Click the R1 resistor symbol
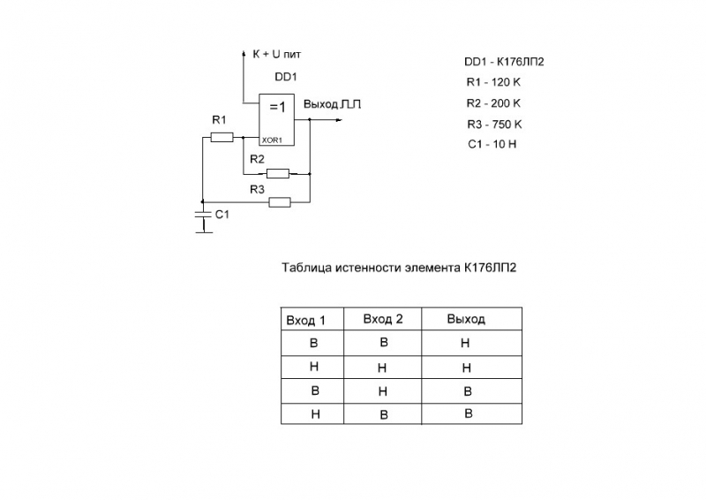pyautogui.click(x=222, y=137)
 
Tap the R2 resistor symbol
pyautogui.click(x=278, y=173)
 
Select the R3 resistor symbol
pyautogui.click(x=279, y=202)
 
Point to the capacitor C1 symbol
pyautogui.click(x=203, y=215)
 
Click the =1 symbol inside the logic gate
pyautogui.click(x=277, y=107)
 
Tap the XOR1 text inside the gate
pyautogui.click(x=272, y=140)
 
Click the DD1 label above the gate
pyautogui.click(x=285, y=78)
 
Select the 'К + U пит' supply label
pyautogui.click(x=277, y=55)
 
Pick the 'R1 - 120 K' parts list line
pyautogui.click(x=494, y=82)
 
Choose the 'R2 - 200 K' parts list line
pyautogui.click(x=494, y=102)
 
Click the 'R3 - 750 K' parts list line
pyautogui.click(x=494, y=124)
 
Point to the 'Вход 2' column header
pyautogui.click(x=383, y=319)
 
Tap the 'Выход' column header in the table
pyautogui.click(x=466, y=319)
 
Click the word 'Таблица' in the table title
pyautogui.click(x=305, y=267)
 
